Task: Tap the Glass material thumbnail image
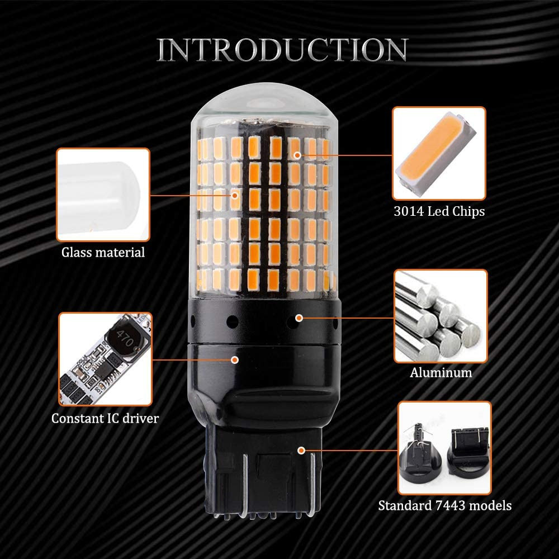point(103,195)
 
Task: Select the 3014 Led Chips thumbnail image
point(439,153)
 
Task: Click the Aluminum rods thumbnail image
point(440,316)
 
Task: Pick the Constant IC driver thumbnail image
point(105,359)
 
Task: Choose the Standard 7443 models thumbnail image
point(444,448)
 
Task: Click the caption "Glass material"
point(103,253)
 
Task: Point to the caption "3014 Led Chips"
point(439,211)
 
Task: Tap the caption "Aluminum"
point(440,372)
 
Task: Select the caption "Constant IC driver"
point(105,418)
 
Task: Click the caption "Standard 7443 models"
point(444,505)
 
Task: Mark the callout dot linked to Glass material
point(235,195)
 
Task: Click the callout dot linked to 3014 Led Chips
point(297,155)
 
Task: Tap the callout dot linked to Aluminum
point(299,318)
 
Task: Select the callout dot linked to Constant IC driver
point(235,360)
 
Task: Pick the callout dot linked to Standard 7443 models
point(301,451)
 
